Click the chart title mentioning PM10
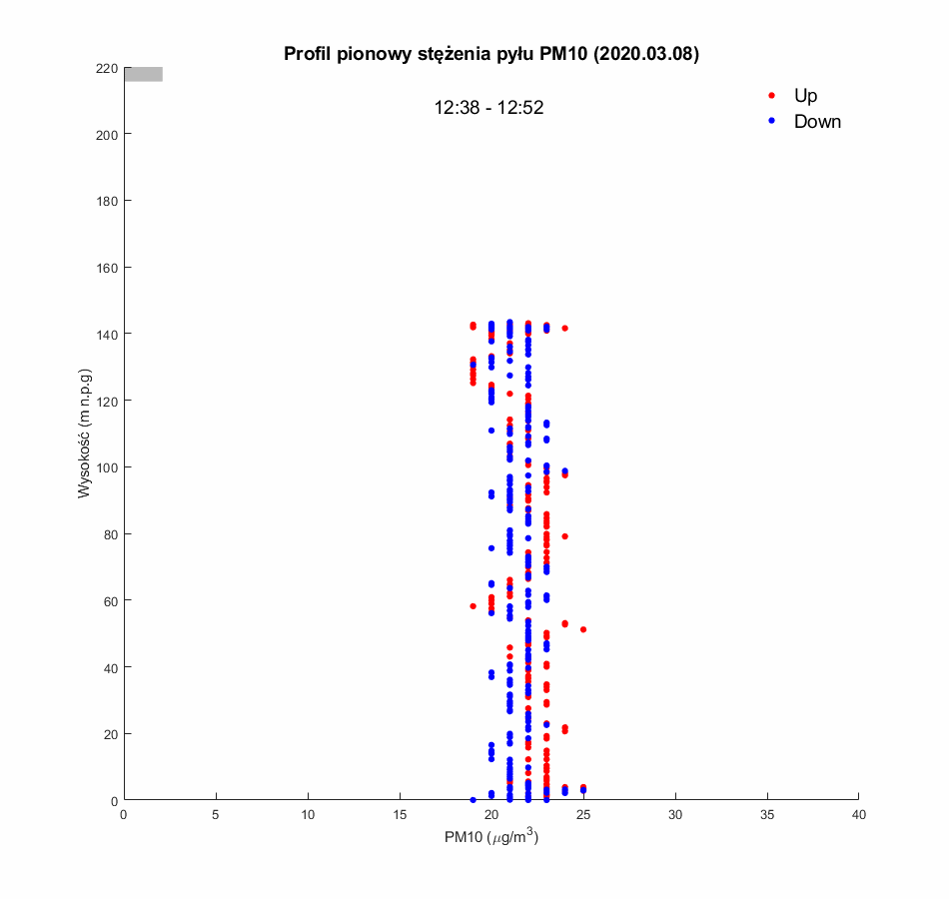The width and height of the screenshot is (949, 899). tap(491, 54)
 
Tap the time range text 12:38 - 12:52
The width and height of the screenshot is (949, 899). tap(488, 108)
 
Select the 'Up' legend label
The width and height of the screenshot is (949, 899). tap(805, 96)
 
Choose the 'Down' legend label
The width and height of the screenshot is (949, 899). tap(817, 122)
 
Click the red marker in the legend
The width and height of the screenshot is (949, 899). tap(771, 96)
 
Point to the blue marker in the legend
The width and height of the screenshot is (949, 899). tap(771, 122)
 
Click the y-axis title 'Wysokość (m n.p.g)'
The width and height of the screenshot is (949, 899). tap(86, 435)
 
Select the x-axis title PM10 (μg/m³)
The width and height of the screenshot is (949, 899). tap(491, 837)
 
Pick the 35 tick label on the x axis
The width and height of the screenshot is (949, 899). tap(767, 815)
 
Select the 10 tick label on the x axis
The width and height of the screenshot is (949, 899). tap(308, 815)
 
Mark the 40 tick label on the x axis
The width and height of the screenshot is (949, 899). tap(859, 815)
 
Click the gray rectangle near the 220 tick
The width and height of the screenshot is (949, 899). tap(143, 74)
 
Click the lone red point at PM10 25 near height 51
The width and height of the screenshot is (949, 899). tap(583, 629)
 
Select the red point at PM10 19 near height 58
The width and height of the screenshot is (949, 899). tap(473, 606)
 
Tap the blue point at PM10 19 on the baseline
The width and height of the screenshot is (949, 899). tap(473, 800)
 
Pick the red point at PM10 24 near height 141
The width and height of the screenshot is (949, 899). tap(564, 329)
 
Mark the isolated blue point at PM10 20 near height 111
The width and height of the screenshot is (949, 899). tap(491, 431)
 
